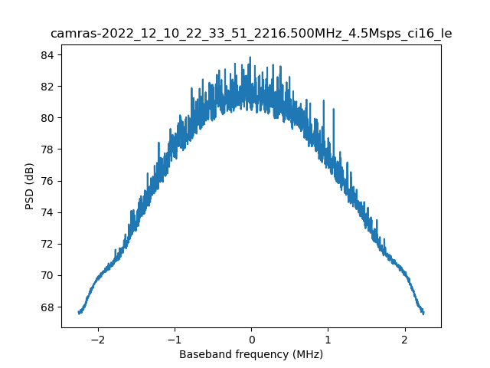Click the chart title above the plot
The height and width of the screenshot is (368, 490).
click(251, 34)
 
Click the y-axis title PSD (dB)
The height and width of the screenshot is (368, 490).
click(30, 186)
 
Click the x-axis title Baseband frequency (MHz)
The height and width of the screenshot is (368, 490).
click(251, 354)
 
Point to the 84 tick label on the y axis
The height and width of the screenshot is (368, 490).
click(47, 55)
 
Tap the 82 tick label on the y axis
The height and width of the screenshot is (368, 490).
click(47, 87)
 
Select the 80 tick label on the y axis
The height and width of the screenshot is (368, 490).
click(47, 118)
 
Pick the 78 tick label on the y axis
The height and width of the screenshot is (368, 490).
click(47, 149)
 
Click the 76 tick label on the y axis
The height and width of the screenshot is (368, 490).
click(47, 181)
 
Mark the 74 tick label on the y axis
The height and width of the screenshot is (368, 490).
click(47, 212)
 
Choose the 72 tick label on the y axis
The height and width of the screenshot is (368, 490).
click(47, 244)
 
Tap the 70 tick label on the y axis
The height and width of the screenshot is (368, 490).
click(47, 275)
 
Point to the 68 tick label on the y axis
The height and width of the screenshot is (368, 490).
click(47, 307)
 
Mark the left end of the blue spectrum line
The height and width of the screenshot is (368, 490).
click(79, 313)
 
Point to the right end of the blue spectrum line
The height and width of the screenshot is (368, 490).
click(423, 313)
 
